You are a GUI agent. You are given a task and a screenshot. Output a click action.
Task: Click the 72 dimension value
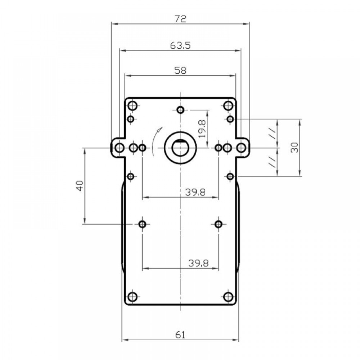point(180,19)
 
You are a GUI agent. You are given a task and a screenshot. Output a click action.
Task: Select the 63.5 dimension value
point(180,45)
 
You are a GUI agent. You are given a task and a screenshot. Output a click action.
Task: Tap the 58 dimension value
point(180,71)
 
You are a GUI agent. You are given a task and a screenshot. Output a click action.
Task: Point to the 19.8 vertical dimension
point(202,129)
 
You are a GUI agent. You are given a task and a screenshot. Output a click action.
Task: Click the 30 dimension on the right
point(295,148)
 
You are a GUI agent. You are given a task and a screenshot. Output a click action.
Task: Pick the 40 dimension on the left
point(80,186)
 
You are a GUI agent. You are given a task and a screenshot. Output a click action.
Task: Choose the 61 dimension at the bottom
point(180,335)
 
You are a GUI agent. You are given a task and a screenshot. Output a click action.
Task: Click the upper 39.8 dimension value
point(195,192)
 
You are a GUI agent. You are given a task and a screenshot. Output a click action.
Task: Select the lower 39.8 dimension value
point(199,263)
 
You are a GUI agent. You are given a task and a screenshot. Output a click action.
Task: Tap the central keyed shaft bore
point(180,148)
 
